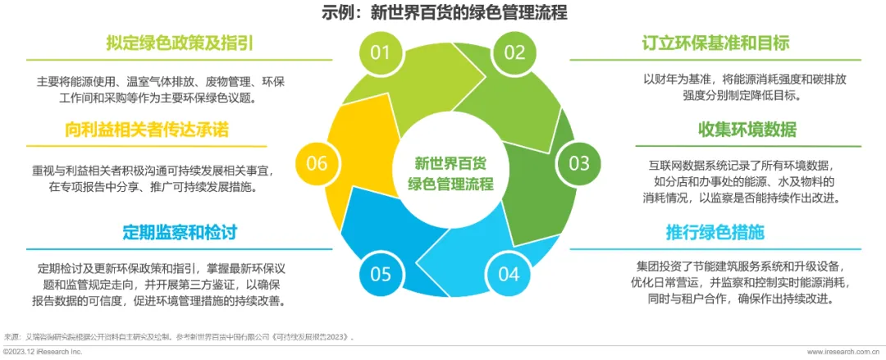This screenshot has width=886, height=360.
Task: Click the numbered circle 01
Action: (x=379, y=53)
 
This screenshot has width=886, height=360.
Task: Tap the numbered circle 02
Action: (x=514, y=53)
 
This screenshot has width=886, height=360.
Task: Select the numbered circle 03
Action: (x=579, y=162)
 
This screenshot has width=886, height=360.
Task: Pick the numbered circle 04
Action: (x=509, y=274)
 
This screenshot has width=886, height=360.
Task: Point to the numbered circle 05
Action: (x=381, y=274)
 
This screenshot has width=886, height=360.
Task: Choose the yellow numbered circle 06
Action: (x=317, y=163)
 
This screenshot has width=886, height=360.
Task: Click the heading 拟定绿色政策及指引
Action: (x=180, y=43)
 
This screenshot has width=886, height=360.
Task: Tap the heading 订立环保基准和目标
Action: (x=716, y=43)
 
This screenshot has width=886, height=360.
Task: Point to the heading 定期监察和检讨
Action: (x=180, y=232)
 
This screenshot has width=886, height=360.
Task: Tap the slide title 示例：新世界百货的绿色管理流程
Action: (x=443, y=13)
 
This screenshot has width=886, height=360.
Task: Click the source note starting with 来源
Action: (x=180, y=336)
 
